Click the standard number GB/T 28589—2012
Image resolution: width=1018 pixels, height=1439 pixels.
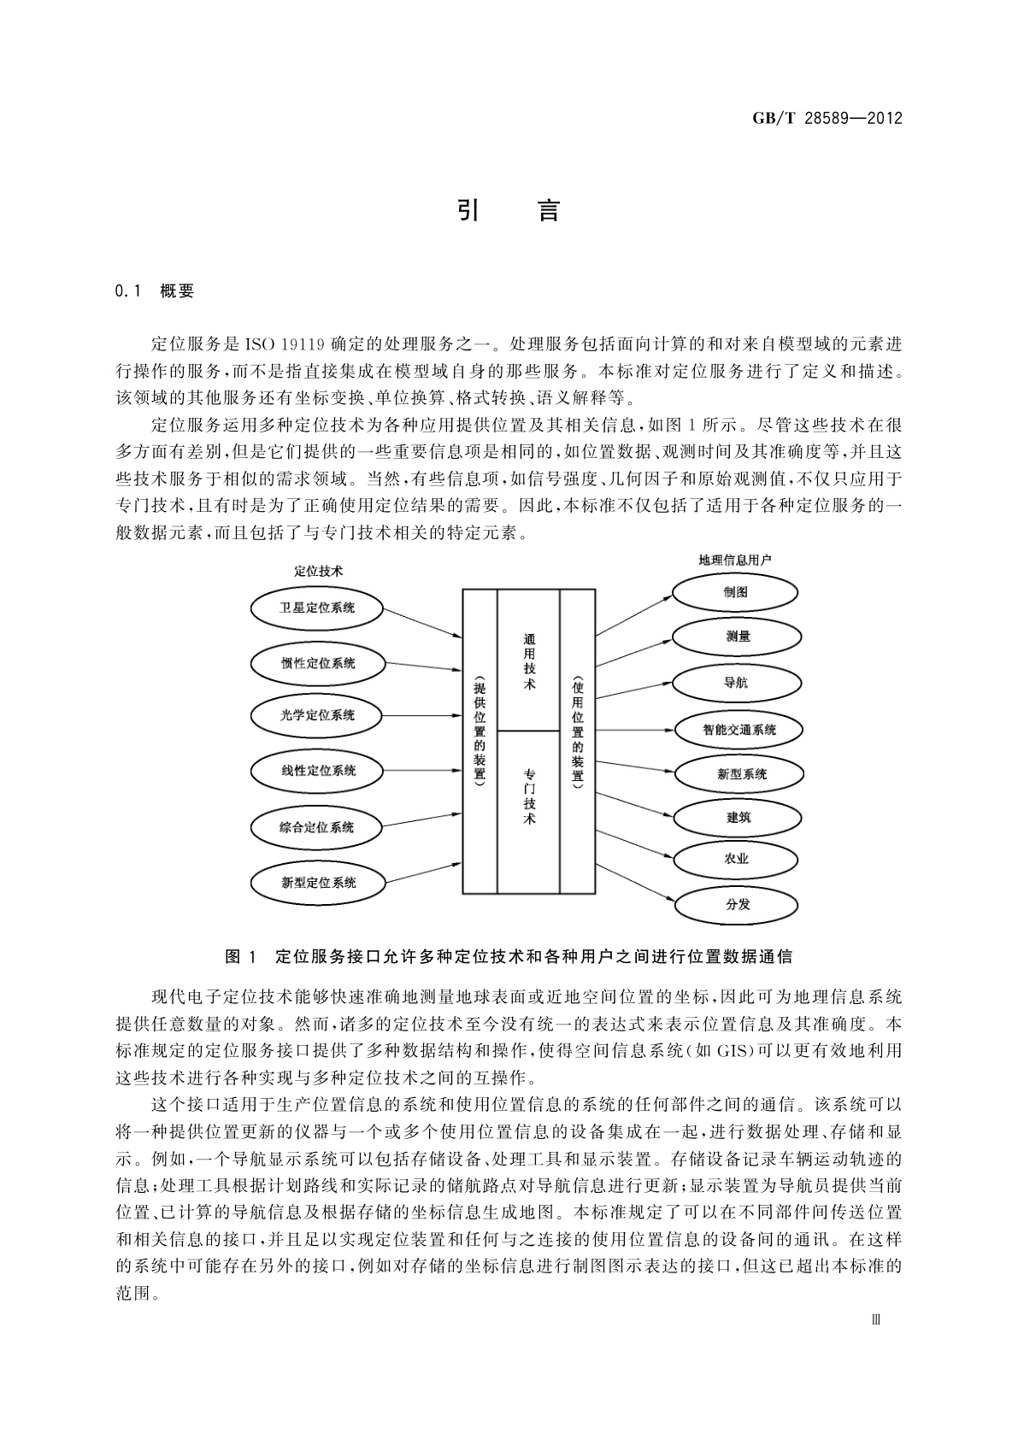coord(827,118)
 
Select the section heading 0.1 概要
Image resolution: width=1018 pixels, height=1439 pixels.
coord(155,291)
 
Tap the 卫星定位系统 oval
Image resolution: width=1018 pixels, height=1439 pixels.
coord(317,608)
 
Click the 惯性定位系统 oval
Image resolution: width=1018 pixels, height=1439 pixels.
coord(318,663)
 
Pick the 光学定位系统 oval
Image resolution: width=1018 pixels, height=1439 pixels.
coord(317,715)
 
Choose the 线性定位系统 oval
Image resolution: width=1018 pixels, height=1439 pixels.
coord(318,771)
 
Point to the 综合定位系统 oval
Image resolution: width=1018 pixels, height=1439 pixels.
coord(316,827)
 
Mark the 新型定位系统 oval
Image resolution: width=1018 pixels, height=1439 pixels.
coord(318,883)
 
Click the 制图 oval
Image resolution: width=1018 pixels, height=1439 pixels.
coord(734,592)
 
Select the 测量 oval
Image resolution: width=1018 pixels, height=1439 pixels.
coord(737,637)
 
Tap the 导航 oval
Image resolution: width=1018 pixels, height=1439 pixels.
coord(737,683)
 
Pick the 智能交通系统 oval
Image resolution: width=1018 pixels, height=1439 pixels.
coord(739,730)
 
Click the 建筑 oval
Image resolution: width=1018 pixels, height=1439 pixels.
coord(738,818)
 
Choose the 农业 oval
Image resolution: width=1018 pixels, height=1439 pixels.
coord(737,859)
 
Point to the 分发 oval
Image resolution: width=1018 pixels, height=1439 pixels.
coord(737,904)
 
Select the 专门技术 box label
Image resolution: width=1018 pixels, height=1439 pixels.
coord(529,796)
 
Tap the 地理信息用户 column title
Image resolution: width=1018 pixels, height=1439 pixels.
coord(735,561)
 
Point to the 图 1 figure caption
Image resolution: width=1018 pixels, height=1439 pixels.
coord(508,956)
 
